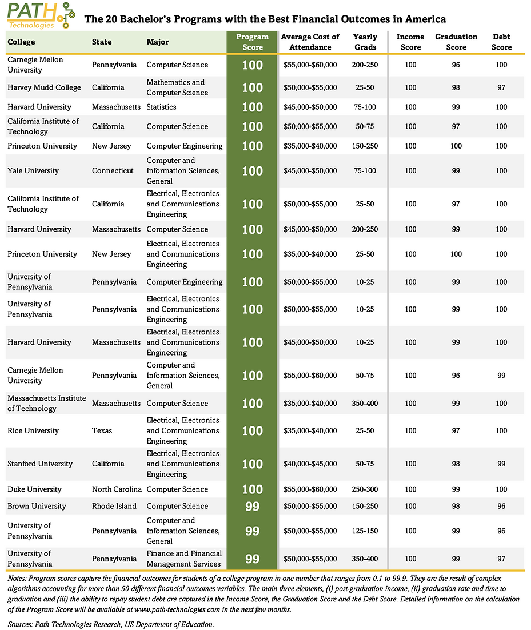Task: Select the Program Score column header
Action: pyautogui.click(x=252, y=42)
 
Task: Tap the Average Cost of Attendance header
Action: pyautogui.click(x=310, y=42)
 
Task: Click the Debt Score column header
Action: pyautogui.click(x=501, y=42)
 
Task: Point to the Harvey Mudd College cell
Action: pyautogui.click(x=44, y=87)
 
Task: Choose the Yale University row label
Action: pyautogui.click(x=33, y=170)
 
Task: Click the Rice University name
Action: pyautogui.click(x=33, y=430)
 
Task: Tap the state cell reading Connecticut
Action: pyautogui.click(x=113, y=170)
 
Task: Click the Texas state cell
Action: pyautogui.click(x=102, y=430)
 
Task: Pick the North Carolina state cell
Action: pyautogui.click(x=117, y=489)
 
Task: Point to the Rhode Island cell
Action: pyautogui.click(x=114, y=506)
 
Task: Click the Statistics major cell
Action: pyautogui.click(x=162, y=107)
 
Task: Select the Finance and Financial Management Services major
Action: pyautogui.click(x=183, y=559)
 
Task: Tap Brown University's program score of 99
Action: pyautogui.click(x=252, y=506)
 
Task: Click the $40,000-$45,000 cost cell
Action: pyautogui.click(x=310, y=464)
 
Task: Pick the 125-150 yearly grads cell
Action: pyautogui.click(x=365, y=531)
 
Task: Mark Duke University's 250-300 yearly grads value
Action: pyautogui.click(x=365, y=489)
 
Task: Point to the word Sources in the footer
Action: pyautogui.click(x=21, y=624)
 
